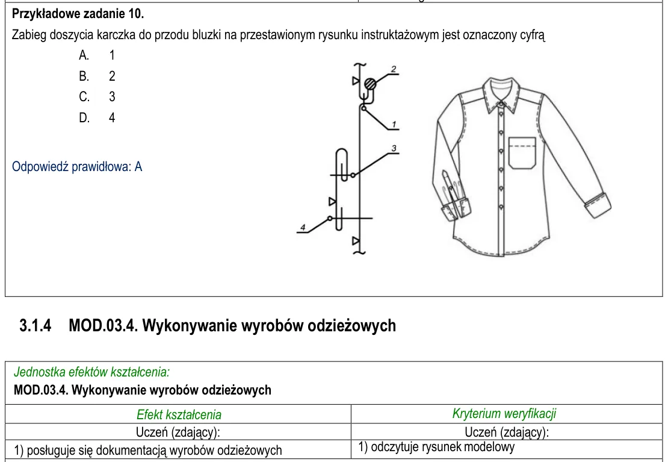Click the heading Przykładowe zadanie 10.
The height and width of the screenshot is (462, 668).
pyautogui.click(x=78, y=14)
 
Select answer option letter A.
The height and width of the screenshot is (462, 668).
pyautogui.click(x=84, y=55)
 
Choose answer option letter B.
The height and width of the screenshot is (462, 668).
pyautogui.click(x=84, y=76)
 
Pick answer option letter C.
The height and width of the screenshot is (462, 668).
pyautogui.click(x=84, y=96)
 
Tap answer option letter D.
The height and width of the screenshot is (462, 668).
pyautogui.click(x=84, y=117)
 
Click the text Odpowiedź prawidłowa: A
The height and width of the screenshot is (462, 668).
pyautogui.click(x=77, y=166)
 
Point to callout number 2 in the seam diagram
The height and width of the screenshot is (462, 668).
pyautogui.click(x=394, y=69)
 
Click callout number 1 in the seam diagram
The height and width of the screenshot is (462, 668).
pyautogui.click(x=394, y=124)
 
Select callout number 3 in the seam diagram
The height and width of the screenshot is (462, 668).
pyautogui.click(x=394, y=148)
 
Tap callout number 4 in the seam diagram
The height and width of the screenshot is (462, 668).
pyautogui.click(x=303, y=227)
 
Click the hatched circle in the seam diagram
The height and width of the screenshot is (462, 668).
pyautogui.click(x=371, y=84)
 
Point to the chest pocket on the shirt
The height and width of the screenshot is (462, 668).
pyautogui.click(x=522, y=153)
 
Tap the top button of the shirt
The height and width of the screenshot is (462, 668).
pyautogui.click(x=501, y=104)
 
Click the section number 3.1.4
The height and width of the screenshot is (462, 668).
pyautogui.click(x=36, y=325)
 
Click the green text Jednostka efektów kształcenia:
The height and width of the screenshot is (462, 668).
pyautogui.click(x=91, y=372)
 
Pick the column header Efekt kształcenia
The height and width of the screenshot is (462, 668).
pyautogui.click(x=179, y=414)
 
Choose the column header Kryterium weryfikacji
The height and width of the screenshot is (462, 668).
pyautogui.click(x=504, y=413)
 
